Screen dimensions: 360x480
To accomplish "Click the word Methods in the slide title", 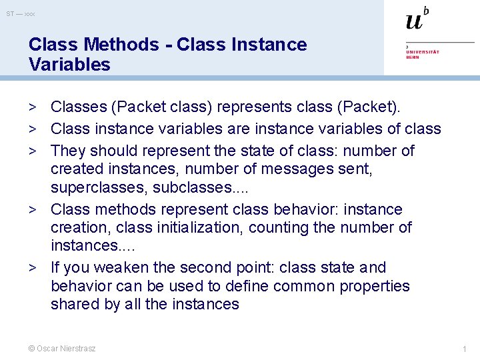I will pos(121,45).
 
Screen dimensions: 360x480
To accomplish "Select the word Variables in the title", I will pos(69,65).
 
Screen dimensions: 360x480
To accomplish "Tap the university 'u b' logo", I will pos(417,19).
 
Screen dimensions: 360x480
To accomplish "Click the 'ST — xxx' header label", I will pos(21,13).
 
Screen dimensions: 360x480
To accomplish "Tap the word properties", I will pos(372,286).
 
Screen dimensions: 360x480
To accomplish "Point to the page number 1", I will pos(464,349).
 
